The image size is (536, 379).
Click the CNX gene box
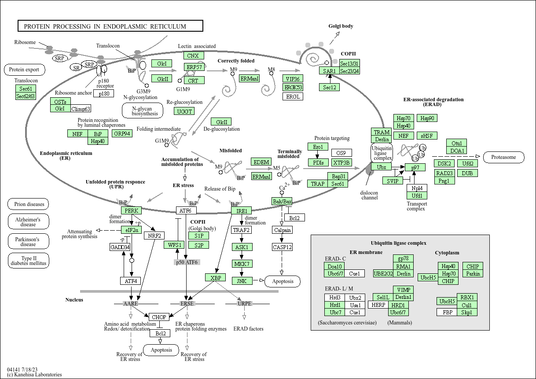pyautogui.click(x=193, y=56)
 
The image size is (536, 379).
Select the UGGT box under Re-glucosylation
pyautogui.click(x=185, y=111)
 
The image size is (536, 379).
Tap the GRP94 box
pyautogui.click(x=122, y=133)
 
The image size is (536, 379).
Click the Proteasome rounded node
pyautogui.click(x=503, y=157)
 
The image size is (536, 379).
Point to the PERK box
pyautogui.click(x=132, y=211)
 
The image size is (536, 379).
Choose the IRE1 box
pyautogui.click(x=242, y=211)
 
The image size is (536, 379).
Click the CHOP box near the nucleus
pyautogui.click(x=158, y=317)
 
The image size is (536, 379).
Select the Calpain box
pyautogui.click(x=282, y=230)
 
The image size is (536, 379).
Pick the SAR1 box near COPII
pyautogui.click(x=329, y=71)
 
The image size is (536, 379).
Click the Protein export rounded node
pyautogui.click(x=27, y=70)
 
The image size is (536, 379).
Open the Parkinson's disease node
pyautogui.click(x=28, y=242)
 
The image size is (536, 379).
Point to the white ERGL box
pyautogui.click(x=293, y=96)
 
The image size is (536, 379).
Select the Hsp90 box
pyautogui.click(x=427, y=118)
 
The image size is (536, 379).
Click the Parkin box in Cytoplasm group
pyautogui.click(x=473, y=273)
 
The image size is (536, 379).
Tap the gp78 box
pyautogui.click(x=403, y=258)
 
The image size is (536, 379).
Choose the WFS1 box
pyautogui.click(x=173, y=245)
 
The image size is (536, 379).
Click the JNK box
pyautogui.click(x=242, y=280)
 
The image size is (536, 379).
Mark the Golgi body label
pyautogui.click(x=341, y=26)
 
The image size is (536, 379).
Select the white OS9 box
pyautogui.click(x=341, y=153)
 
